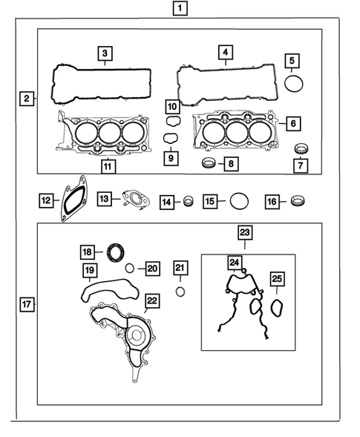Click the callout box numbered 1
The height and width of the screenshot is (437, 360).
point(179,10)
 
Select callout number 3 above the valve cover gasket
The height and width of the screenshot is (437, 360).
point(105,53)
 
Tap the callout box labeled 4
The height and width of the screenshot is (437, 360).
point(223,53)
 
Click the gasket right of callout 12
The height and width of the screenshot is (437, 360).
point(75,196)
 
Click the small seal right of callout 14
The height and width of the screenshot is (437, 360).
point(189,200)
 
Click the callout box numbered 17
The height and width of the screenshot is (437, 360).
point(27,303)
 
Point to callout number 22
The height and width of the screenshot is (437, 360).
point(151,300)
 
